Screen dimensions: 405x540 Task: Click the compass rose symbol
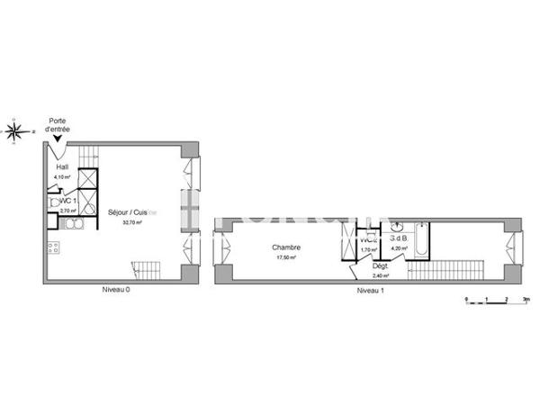tap(16, 131)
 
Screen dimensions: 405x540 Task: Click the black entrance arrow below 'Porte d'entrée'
tap(58, 140)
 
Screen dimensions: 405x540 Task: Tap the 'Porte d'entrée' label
tap(59, 125)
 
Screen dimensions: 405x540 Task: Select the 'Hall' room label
tap(62, 167)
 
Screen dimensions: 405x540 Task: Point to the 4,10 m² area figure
tap(62, 177)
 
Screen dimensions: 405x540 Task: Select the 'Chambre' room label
tap(287, 247)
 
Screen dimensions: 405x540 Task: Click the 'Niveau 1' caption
tap(370, 291)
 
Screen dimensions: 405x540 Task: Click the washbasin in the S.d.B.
tap(397, 226)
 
